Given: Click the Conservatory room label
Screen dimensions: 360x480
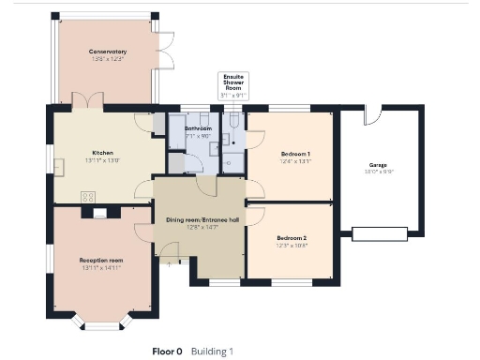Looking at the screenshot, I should pos(108,52).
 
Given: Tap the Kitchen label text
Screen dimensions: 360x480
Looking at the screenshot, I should pos(102,152).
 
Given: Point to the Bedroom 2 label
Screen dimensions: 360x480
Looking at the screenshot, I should pos(292,238).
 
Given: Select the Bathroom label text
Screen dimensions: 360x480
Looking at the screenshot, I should pos(198,128).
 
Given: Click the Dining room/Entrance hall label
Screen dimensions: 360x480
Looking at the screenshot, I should pos(200,219).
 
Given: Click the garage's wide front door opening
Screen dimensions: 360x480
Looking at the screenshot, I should pos(380,232).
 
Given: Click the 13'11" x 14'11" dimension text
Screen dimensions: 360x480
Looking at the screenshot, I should pos(102,269).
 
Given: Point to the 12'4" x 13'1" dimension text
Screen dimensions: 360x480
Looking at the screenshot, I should pos(295,160).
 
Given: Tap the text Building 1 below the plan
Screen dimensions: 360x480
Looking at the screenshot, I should pos(212,352).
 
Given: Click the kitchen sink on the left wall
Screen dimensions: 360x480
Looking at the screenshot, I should pos(58,167).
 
